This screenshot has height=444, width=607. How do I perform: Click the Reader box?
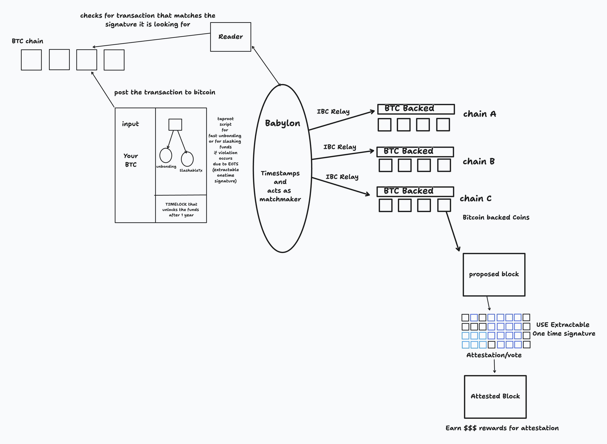(230, 37)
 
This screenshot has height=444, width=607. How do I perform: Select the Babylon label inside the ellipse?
(282, 123)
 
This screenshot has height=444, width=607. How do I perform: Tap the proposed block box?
(494, 274)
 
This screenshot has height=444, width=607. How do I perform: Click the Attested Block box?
(495, 396)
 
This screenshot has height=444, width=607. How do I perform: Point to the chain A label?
(479, 114)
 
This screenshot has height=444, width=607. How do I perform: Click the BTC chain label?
(27, 41)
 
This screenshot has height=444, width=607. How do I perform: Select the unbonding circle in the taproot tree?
(166, 155)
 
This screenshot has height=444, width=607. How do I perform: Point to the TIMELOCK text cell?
(181, 210)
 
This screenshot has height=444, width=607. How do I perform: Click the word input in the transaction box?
(130, 124)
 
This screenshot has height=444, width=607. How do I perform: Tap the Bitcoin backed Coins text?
(496, 217)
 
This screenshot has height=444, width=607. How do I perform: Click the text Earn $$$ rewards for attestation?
(502, 428)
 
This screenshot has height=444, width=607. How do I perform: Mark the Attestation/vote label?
(494, 355)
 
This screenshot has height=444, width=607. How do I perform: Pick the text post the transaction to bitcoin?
(165, 92)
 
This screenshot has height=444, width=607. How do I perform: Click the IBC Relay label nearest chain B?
(340, 147)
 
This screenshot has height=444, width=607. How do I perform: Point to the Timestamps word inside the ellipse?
(280, 173)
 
